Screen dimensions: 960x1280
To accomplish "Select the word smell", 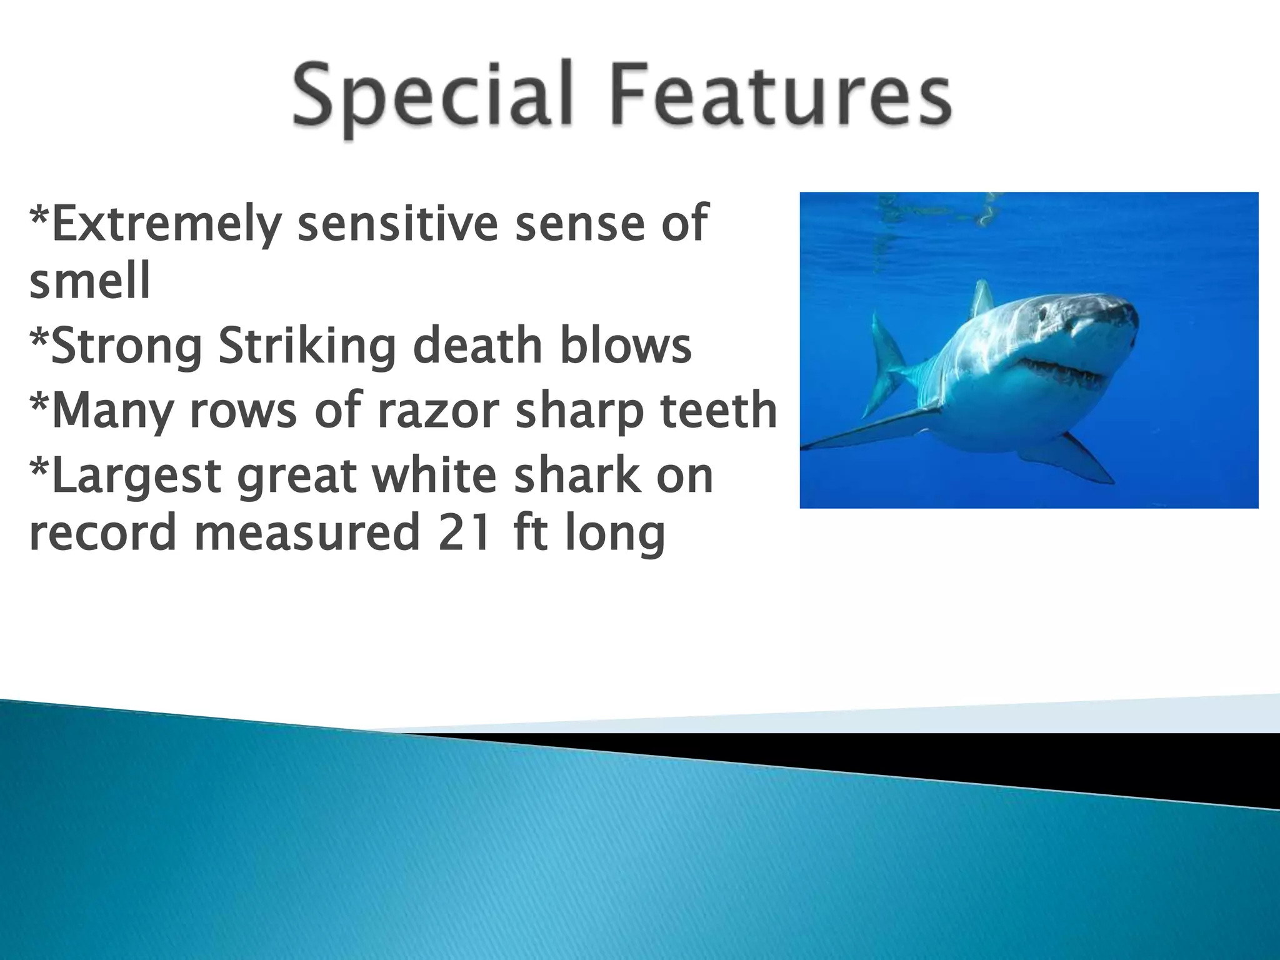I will pos(90,281).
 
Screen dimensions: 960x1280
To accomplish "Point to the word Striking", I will pos(307,347).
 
